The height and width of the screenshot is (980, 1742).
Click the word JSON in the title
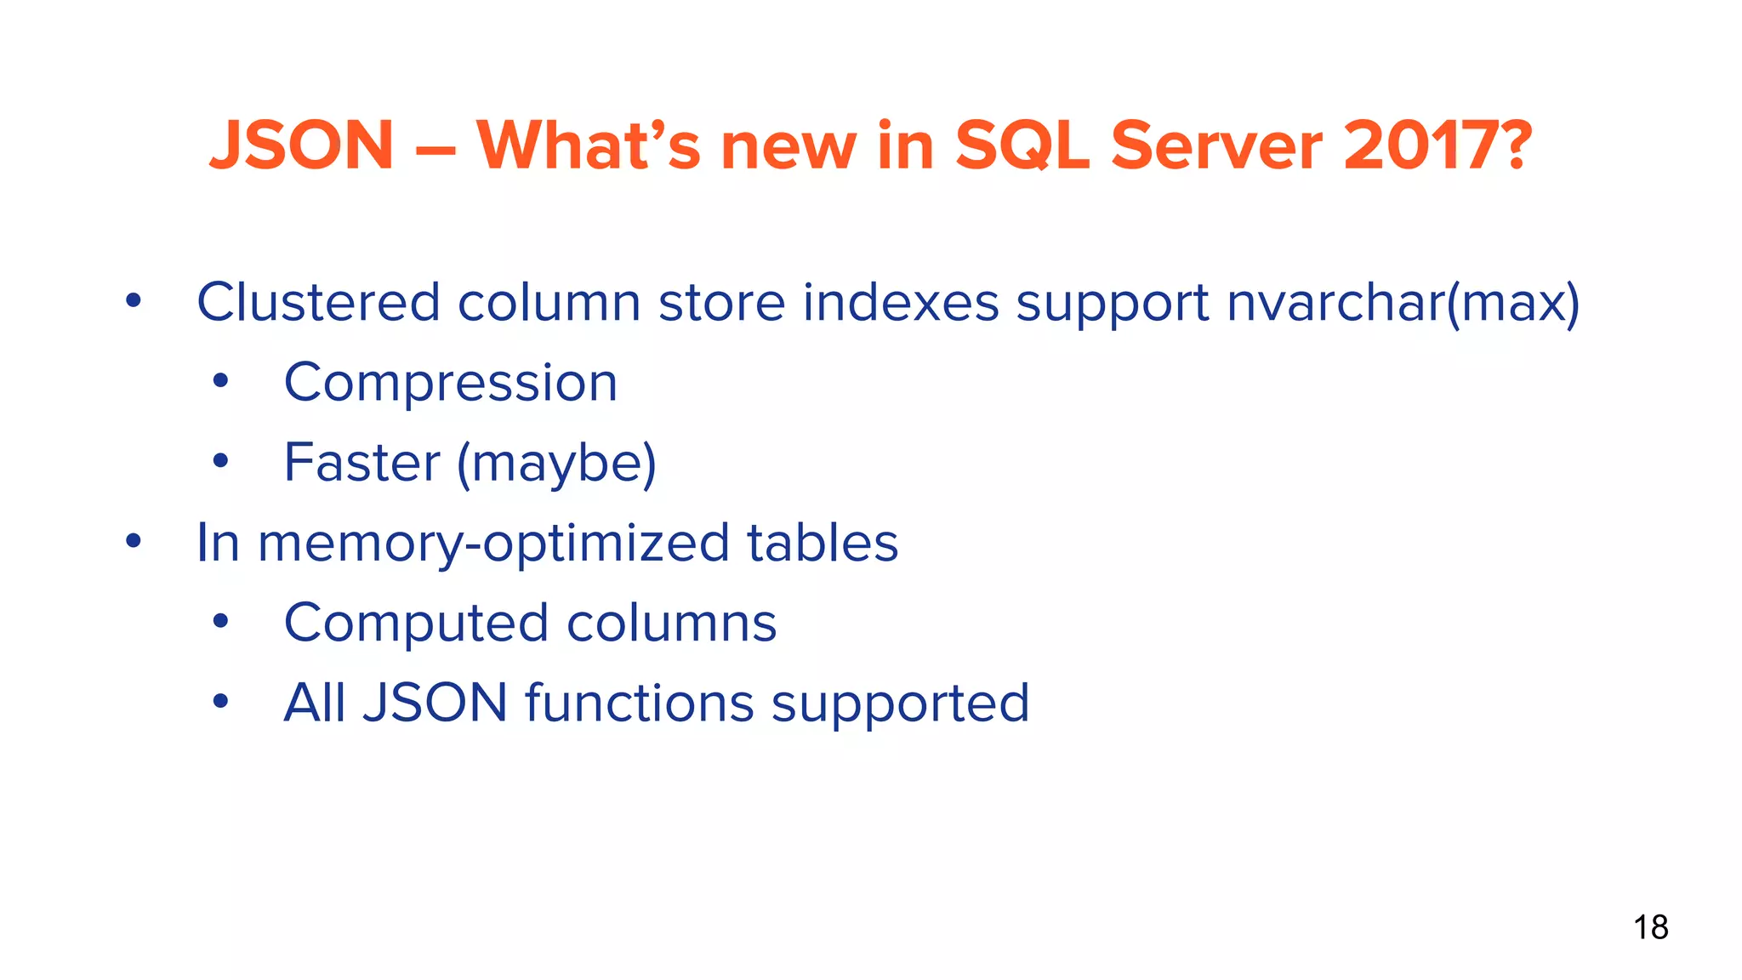pyautogui.click(x=302, y=145)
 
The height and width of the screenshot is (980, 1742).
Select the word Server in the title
pyautogui.click(x=1216, y=145)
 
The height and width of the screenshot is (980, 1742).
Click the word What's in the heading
pyautogui.click(x=588, y=145)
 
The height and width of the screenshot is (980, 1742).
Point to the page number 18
pyautogui.click(x=1650, y=927)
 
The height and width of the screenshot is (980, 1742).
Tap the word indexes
pyautogui.click(x=900, y=302)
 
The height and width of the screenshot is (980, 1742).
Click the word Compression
pyautogui.click(x=451, y=383)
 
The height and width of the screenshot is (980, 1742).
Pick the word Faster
pyautogui.click(x=362, y=463)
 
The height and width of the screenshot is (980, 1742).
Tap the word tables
pyautogui.click(x=823, y=543)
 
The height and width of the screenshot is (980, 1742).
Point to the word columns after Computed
pyautogui.click(x=671, y=624)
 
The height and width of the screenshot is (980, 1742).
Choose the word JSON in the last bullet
pyautogui.click(x=435, y=704)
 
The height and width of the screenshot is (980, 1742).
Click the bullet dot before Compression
pyautogui.click(x=221, y=381)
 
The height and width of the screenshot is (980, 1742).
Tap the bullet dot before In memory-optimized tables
pyautogui.click(x=134, y=541)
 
